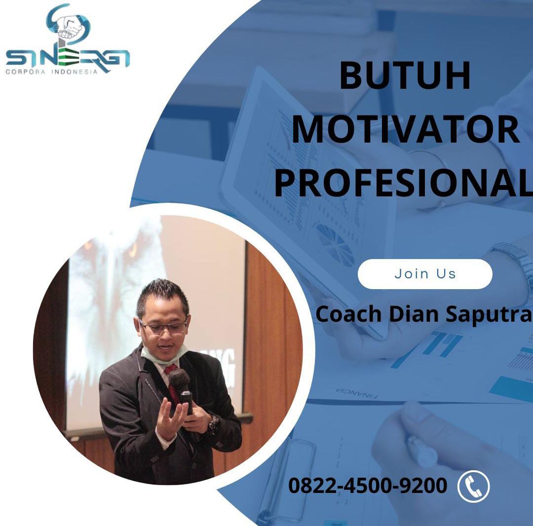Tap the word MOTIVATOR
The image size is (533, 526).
click(x=406, y=129)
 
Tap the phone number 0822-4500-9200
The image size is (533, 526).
click(x=368, y=485)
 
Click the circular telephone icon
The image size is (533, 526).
click(x=474, y=486)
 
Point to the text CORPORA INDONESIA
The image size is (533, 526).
click(x=51, y=72)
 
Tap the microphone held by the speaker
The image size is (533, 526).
click(x=182, y=387)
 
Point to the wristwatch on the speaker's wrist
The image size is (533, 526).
click(x=213, y=424)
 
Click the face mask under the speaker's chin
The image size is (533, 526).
click(x=163, y=355)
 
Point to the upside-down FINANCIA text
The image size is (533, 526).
click(x=357, y=393)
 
